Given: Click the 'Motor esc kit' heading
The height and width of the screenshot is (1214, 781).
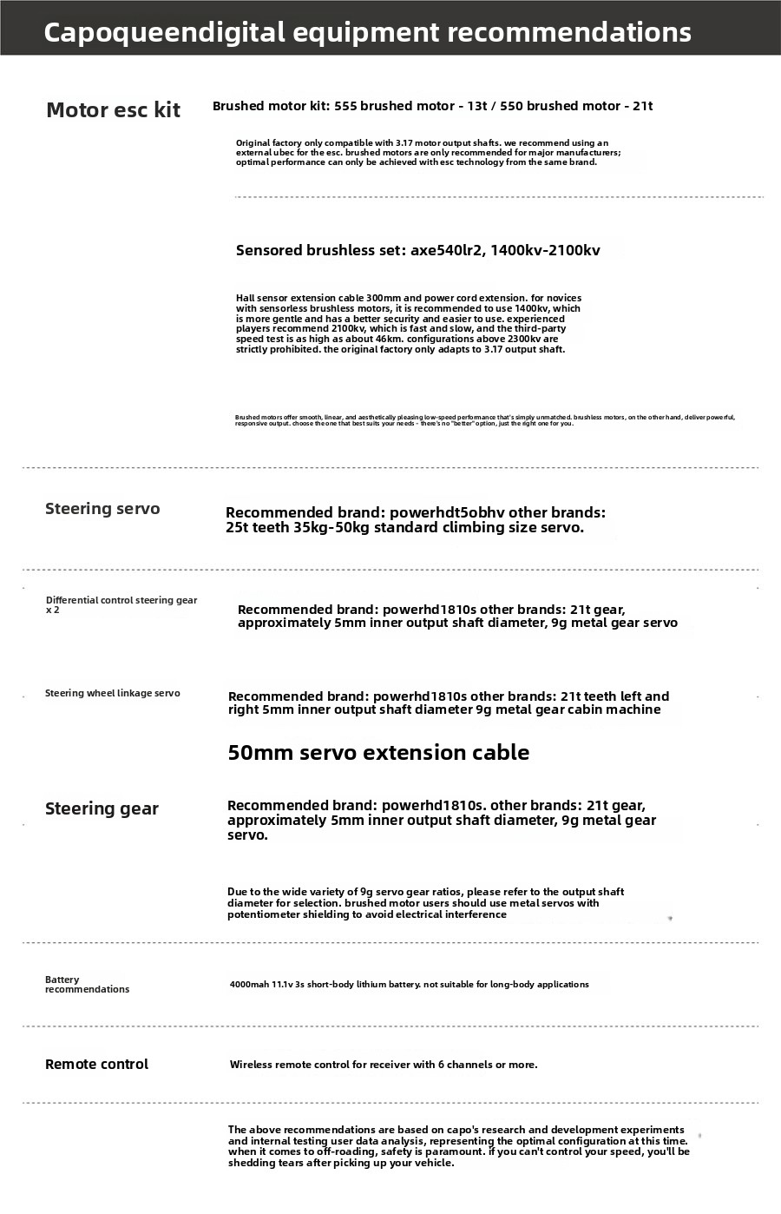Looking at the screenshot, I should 113,110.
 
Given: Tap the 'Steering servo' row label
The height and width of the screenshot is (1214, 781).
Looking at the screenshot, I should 102,509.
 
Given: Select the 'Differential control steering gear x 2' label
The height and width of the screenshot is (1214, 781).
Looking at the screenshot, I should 121,604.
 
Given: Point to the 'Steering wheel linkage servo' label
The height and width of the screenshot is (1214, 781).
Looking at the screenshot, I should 113,693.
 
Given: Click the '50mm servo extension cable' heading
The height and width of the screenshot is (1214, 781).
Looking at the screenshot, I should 378,753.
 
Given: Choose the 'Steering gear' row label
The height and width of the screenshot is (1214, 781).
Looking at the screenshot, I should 102,809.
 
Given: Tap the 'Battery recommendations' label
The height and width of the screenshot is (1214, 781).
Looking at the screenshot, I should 87,984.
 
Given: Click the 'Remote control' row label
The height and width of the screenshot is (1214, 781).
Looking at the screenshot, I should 96,1065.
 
